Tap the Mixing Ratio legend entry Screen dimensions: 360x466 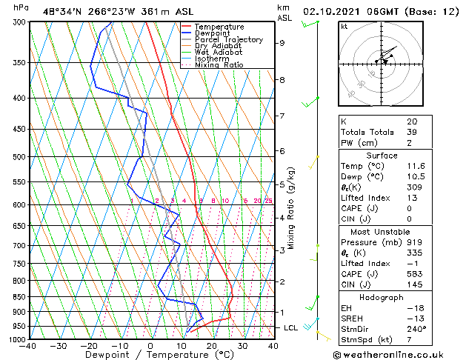tap(219, 65)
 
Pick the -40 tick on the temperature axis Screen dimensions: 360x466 tap(28, 346)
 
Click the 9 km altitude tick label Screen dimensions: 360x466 tap(282, 43)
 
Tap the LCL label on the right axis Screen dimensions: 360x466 tap(291, 327)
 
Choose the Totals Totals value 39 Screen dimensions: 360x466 tap(411, 132)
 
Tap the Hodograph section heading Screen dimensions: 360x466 tap(382, 297)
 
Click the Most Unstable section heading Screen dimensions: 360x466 tap(382, 232)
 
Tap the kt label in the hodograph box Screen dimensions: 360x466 tap(344, 27)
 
